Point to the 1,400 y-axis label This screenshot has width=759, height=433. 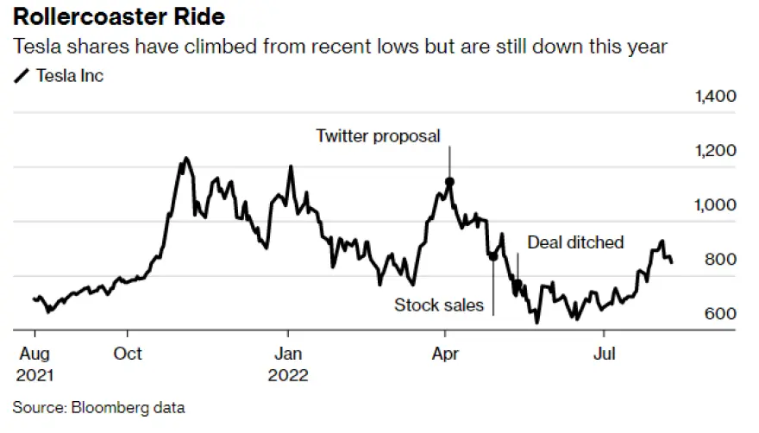pos(715,96)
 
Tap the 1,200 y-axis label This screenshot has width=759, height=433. pos(715,151)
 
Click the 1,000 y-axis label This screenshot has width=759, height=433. pos(715,205)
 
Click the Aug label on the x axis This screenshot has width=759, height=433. pos(34,354)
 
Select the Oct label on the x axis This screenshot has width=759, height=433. pos(128,354)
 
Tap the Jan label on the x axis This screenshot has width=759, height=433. pos(288,354)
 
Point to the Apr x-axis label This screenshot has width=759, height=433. pos(445,354)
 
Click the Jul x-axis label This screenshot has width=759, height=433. pos(604,354)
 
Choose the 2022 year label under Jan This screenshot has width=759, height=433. pos(288,375)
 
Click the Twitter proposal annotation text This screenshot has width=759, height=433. pos(378,135)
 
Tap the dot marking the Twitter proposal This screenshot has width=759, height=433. pos(449,182)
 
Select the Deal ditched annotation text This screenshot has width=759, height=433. pos(575,242)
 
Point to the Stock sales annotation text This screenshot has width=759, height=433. pos(439,304)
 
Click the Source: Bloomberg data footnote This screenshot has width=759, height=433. pos(98,406)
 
